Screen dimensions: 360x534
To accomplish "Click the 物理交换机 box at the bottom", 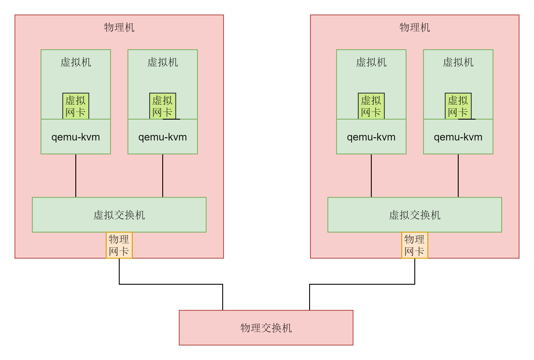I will point(266,328).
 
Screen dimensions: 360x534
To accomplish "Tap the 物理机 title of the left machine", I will point(119,28).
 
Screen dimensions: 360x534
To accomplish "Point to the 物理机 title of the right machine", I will point(415,28).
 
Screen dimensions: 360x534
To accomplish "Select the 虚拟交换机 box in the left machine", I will point(119,215).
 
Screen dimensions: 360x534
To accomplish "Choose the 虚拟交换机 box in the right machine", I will point(415,215).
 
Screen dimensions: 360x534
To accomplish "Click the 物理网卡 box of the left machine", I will point(119,245).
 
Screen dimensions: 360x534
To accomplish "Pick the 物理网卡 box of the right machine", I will point(415,245).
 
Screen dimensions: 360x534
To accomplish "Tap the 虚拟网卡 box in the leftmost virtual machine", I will point(76,106).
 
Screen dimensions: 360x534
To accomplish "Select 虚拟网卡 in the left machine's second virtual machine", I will point(163,106).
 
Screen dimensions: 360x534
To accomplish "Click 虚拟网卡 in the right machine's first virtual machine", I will point(371,106).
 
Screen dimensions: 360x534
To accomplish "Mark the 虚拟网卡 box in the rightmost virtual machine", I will point(458,106).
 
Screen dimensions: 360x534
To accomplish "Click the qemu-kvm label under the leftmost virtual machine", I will point(76,137).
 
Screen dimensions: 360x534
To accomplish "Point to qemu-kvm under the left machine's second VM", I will point(163,137).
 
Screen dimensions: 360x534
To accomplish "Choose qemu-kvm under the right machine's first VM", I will point(371,137).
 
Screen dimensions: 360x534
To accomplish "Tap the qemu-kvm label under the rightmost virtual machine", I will point(458,137).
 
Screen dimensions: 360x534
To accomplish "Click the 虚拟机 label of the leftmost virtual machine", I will point(76,62).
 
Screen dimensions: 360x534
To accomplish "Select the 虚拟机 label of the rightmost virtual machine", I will point(458,62).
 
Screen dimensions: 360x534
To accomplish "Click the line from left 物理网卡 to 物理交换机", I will point(171,284).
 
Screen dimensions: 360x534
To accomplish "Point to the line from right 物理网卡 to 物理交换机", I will point(362,284).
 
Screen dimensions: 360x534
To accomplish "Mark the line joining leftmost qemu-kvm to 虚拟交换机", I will point(76,176).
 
